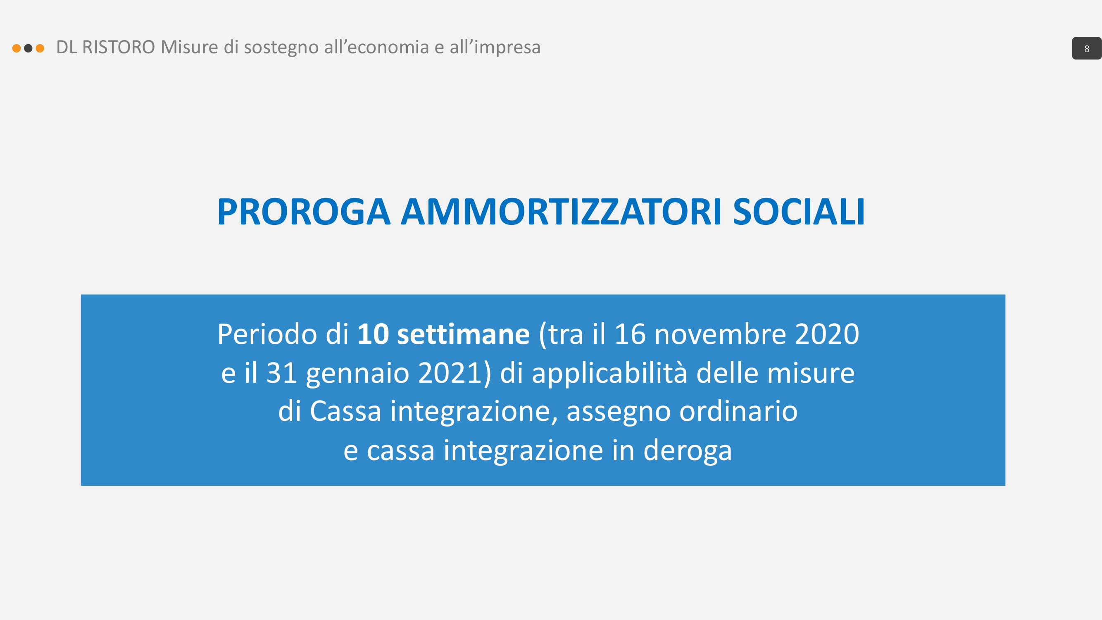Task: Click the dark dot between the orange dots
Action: click(28, 48)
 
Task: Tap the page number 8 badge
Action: click(1086, 48)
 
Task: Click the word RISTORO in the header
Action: click(119, 47)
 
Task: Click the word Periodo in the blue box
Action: click(267, 334)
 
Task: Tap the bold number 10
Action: click(373, 334)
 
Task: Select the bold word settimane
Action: click(463, 334)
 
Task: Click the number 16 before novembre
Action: click(630, 334)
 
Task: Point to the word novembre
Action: click(720, 334)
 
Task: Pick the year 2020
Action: click(827, 334)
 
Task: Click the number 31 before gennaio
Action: click(281, 373)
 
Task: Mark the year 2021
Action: click(450, 373)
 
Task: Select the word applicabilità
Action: click(609, 373)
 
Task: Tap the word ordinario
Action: click(738, 411)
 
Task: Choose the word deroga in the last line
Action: click(688, 451)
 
